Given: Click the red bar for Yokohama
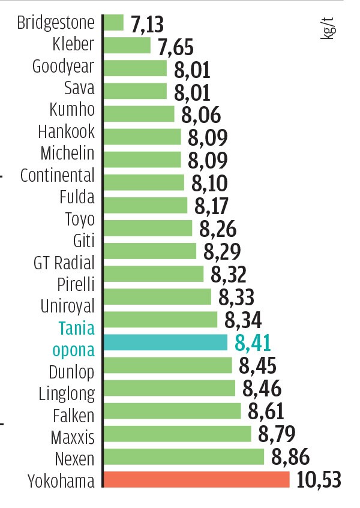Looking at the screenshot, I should (x=196, y=480).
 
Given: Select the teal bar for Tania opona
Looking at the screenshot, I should (x=166, y=342).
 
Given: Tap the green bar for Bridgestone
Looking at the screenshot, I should (x=113, y=23).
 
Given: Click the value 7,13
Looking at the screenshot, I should (x=146, y=25).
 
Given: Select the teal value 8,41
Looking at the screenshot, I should (x=253, y=343).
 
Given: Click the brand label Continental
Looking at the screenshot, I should (x=58, y=175).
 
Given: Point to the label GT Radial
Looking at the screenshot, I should (x=64, y=263).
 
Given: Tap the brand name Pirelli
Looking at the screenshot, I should (x=76, y=284).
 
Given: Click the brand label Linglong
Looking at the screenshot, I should (x=67, y=393).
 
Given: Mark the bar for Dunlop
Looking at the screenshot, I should (x=167, y=365).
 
